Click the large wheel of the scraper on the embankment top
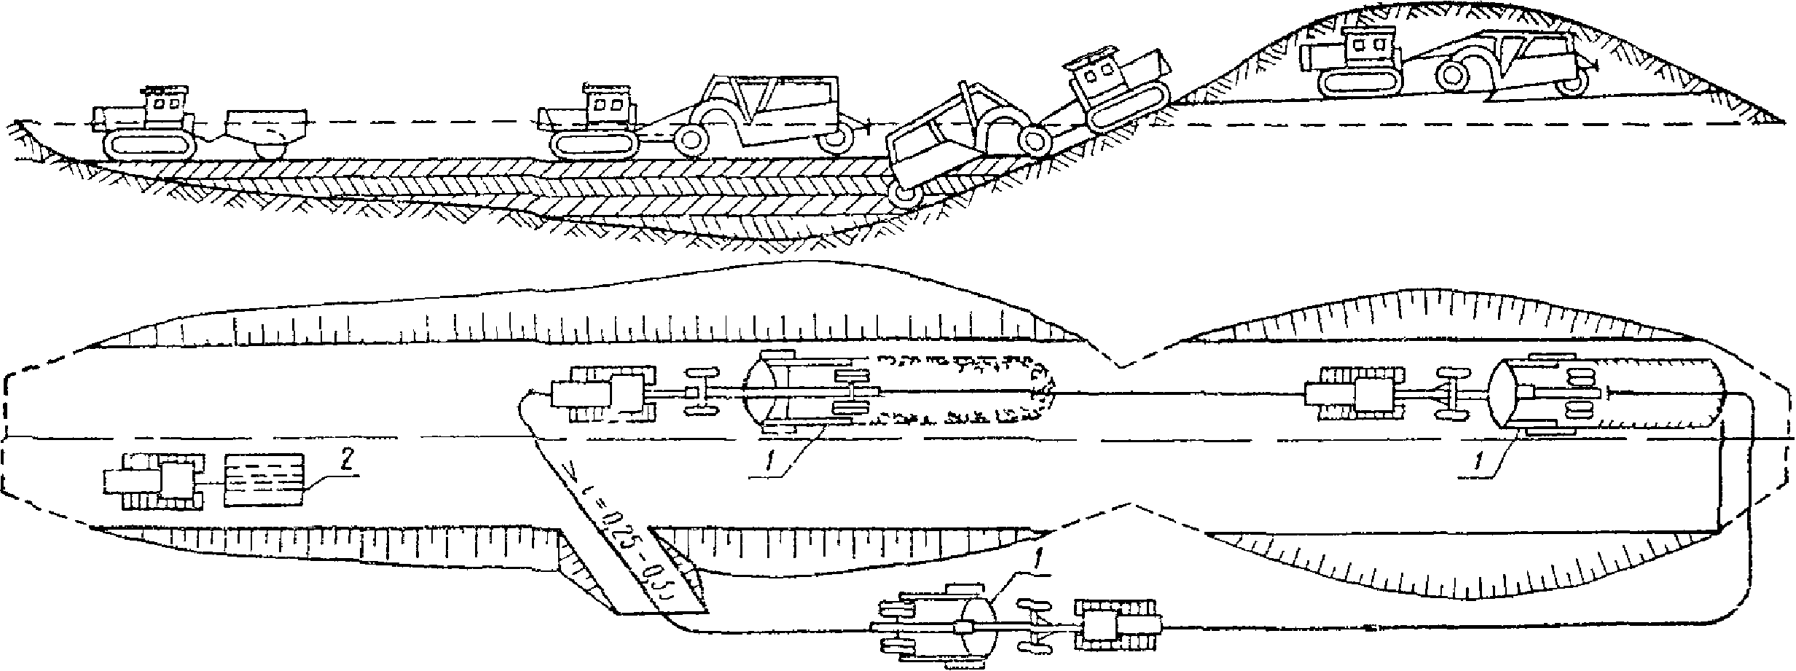tap(1456, 74)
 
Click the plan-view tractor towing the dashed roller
tap(157, 480)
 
